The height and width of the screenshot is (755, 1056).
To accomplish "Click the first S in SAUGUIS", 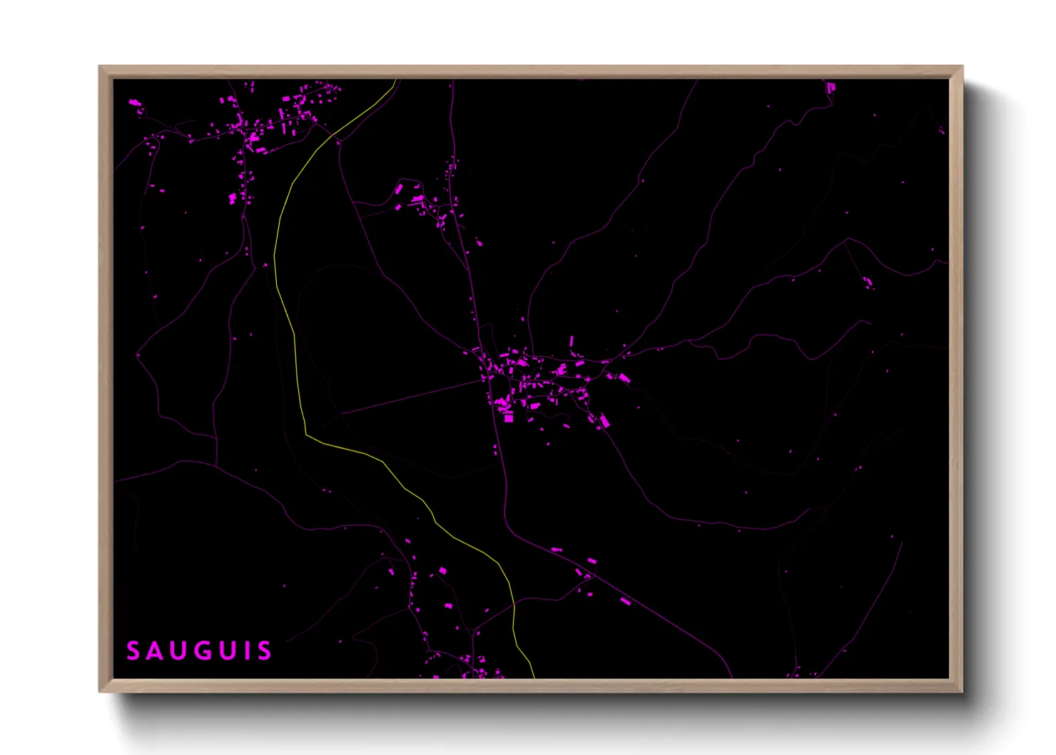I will (x=133, y=651).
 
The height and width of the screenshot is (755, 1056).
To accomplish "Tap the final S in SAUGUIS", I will (x=264, y=651).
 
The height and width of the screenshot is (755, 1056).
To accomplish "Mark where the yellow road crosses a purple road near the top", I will (x=333, y=134).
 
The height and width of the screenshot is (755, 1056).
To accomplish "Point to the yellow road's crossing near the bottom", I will (x=514, y=604).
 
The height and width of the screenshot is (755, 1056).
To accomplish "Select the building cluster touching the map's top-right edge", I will (x=831, y=87).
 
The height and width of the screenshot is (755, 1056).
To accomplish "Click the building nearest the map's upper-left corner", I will (x=134, y=103).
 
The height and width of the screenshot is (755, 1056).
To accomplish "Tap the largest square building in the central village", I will (x=509, y=417).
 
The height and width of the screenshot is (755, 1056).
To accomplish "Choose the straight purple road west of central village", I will (x=414, y=396).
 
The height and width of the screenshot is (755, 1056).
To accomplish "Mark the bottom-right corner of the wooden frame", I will (x=962, y=691).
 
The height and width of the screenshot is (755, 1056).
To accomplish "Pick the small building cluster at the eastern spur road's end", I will (x=868, y=283).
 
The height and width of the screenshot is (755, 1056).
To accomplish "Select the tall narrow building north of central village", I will (x=572, y=341).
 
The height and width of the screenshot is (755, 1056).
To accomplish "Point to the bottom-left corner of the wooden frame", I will (x=100, y=691).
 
